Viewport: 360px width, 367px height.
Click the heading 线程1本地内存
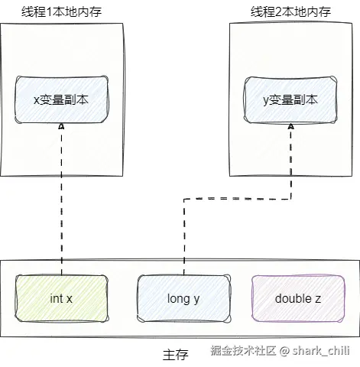coord(61,11)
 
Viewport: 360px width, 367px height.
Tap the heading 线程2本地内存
coord(290,11)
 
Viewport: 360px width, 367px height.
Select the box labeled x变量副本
coord(61,99)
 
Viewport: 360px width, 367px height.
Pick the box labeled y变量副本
coord(290,100)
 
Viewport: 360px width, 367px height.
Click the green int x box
coord(61,298)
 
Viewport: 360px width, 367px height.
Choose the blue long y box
coord(184,298)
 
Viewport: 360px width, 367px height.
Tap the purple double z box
coord(298,298)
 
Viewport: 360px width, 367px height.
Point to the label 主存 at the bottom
coord(176,355)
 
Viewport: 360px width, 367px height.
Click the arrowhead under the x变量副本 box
coord(61,126)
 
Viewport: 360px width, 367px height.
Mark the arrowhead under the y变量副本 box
coord(291,126)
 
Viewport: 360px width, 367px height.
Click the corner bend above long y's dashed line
coord(184,199)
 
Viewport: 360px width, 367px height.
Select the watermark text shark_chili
coord(321,351)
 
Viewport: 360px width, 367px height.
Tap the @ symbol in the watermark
coord(284,351)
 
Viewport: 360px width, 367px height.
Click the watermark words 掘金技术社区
coord(243,351)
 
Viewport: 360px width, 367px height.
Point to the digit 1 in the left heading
coord(50,12)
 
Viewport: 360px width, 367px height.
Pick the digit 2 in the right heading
coord(279,12)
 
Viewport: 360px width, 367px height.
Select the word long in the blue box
coord(179,299)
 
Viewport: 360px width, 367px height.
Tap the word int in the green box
coord(57,298)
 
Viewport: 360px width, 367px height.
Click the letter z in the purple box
coord(318,300)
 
